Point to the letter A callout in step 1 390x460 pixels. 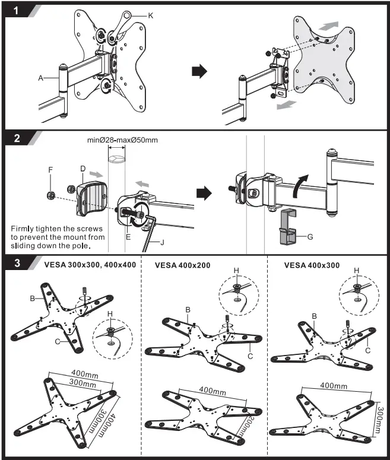[40, 77]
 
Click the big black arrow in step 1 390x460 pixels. [201, 71]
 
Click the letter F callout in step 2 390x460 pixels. [51, 169]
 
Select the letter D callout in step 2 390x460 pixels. [83, 169]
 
